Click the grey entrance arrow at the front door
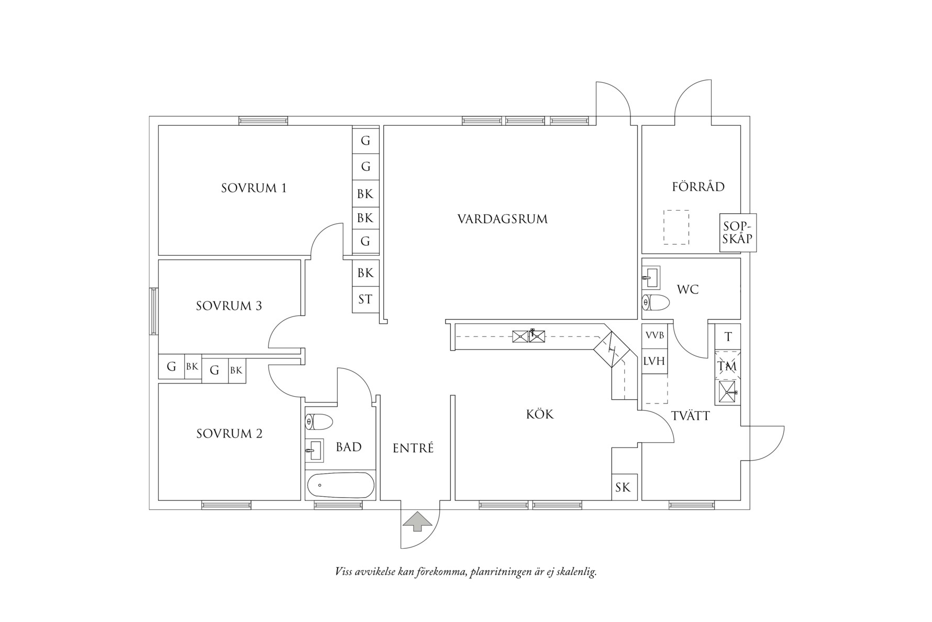[x=417, y=522]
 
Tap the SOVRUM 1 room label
[x=253, y=188]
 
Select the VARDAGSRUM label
[x=502, y=219]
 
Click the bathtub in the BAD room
[x=340, y=486]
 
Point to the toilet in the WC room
[x=656, y=303]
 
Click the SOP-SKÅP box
[x=738, y=233]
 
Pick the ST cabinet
[x=365, y=300]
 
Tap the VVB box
[x=654, y=335]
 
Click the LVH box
[x=654, y=361]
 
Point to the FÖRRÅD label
[x=698, y=187]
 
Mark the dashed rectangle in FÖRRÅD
[x=676, y=227]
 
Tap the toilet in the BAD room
[x=319, y=422]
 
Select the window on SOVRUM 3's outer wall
[x=153, y=311]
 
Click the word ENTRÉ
[x=413, y=449]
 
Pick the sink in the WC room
[x=651, y=277]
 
